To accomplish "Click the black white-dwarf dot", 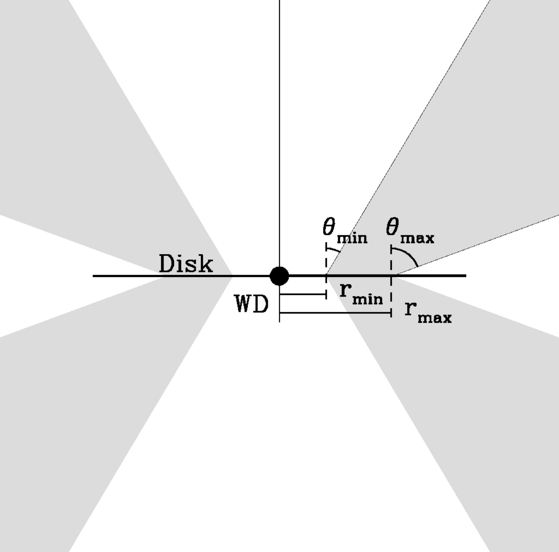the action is click(279, 276).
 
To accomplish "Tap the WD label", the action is click(252, 304).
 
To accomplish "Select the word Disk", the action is click(186, 264).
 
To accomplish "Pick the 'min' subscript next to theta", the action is click(352, 238).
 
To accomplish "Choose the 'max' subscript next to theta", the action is click(417, 238).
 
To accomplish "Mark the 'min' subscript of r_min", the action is click(367, 299).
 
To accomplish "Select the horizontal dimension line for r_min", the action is click(303, 294).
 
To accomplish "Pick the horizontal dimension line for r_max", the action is click(335, 313).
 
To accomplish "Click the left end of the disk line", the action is click(95, 276).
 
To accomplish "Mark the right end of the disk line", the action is click(465, 276).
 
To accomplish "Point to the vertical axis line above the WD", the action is click(279, 128).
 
